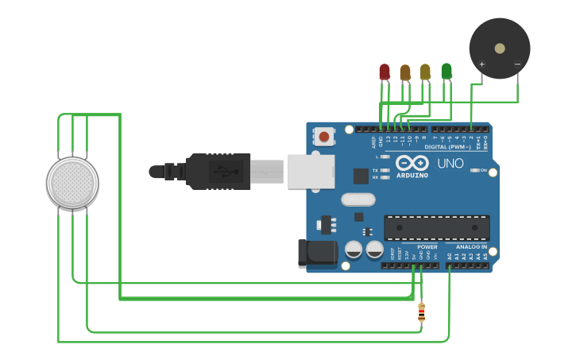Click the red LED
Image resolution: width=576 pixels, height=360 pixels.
(x=385, y=72)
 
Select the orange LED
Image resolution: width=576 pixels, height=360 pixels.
(x=405, y=72)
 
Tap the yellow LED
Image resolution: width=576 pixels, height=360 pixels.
(x=425, y=72)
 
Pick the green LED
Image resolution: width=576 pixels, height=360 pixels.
(x=446, y=71)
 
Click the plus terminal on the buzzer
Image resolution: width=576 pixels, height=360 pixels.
(x=481, y=64)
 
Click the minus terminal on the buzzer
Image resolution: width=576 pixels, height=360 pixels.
(x=517, y=64)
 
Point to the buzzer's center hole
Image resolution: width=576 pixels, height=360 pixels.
(x=499, y=48)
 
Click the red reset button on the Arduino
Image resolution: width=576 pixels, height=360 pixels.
(x=324, y=137)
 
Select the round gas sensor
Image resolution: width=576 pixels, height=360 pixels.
(x=73, y=183)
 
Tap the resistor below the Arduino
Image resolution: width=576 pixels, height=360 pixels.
(x=421, y=312)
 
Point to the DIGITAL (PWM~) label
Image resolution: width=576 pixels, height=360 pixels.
(x=447, y=147)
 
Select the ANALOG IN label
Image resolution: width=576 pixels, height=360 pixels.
(x=471, y=246)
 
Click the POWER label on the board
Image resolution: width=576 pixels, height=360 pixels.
(x=426, y=246)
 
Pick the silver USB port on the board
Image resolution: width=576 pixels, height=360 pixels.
(x=310, y=172)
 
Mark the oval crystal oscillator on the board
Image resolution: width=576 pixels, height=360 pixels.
(x=358, y=200)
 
